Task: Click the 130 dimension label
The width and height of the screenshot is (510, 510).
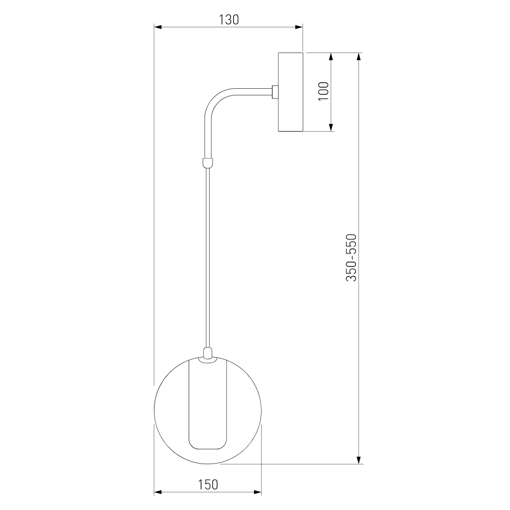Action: point(228,19)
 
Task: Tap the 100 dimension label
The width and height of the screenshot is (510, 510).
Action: point(324,91)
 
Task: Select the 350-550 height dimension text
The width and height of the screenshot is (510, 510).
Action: point(351,257)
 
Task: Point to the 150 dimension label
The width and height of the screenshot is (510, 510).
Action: point(208,484)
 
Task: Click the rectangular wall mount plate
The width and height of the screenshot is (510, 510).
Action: point(291,92)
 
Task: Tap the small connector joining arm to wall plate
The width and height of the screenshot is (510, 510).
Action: point(275,92)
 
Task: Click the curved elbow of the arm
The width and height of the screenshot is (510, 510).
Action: point(216,100)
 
